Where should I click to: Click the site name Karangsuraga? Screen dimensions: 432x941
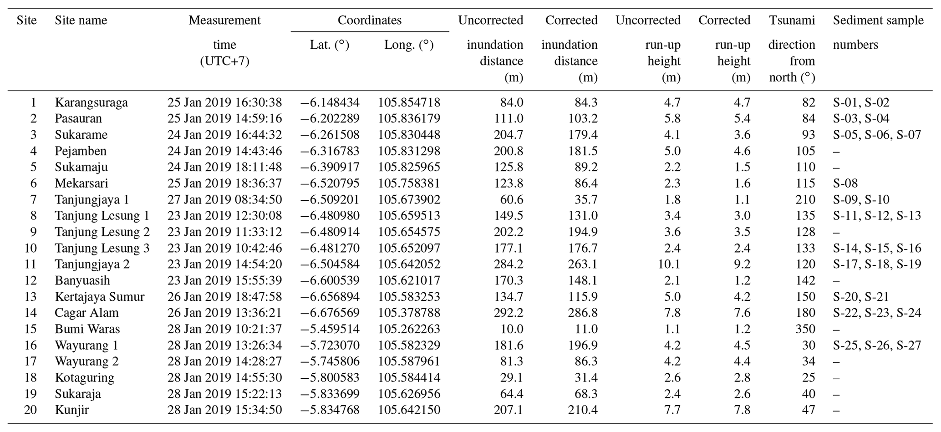92,102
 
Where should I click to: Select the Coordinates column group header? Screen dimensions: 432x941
370,20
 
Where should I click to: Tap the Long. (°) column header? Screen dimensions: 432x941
408,45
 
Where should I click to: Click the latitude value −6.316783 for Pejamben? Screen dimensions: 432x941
330,151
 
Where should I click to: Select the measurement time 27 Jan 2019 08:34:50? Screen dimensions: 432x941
224,200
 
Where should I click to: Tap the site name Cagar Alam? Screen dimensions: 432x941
86,313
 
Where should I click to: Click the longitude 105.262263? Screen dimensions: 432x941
409,329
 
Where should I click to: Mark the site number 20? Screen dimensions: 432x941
30,410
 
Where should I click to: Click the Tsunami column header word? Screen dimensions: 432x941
792,20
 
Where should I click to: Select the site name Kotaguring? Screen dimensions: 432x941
85,378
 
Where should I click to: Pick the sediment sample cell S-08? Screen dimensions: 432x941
845,183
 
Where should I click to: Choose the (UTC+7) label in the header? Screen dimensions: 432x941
224,61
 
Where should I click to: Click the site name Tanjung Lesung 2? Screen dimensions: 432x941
102,232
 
